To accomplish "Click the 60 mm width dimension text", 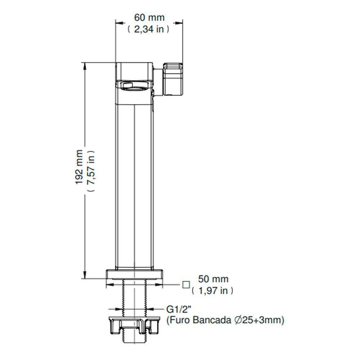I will point(149,17).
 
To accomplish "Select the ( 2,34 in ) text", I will point(148,30).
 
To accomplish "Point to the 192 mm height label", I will point(79,167).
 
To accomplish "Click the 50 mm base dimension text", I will point(213,279).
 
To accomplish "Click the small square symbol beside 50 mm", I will point(186,285).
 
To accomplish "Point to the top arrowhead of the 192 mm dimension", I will point(85,66).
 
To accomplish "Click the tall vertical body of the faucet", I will point(135,180).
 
